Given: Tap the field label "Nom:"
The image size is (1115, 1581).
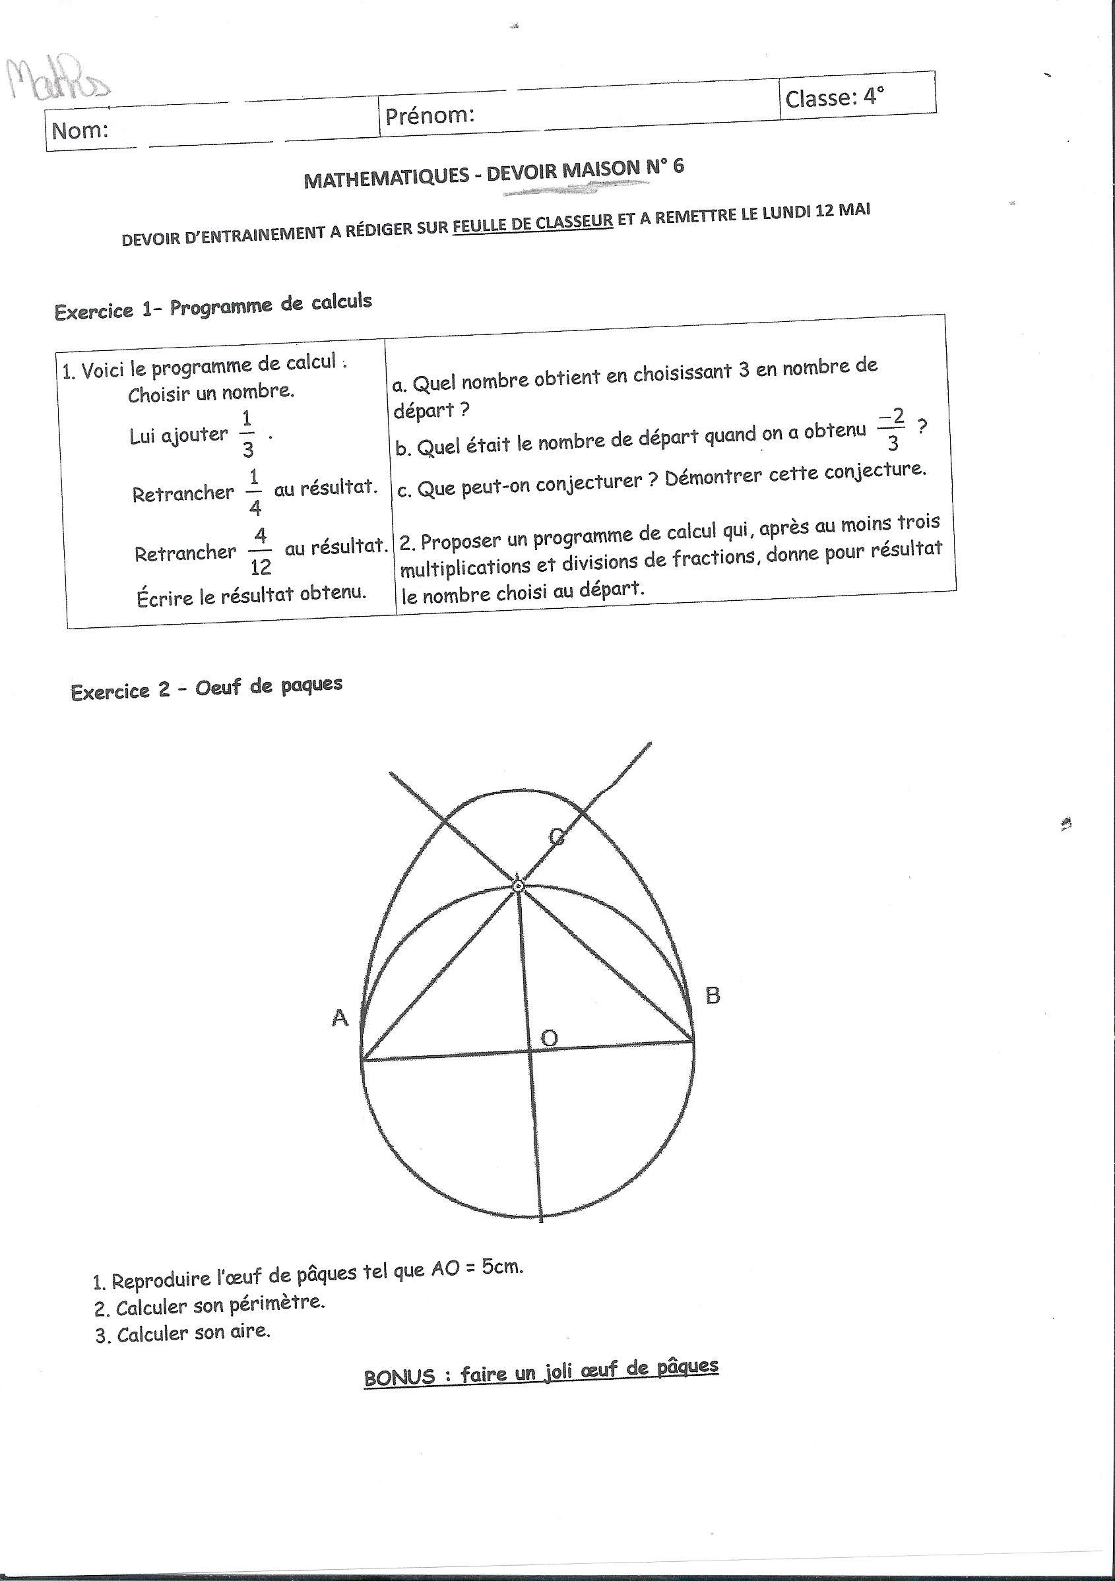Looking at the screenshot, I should coord(80,130).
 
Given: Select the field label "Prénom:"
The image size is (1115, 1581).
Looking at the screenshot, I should coord(430,115).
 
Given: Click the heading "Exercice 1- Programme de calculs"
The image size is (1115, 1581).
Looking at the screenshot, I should coord(213,307).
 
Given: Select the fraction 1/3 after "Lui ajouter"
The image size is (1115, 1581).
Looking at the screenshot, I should coord(247,434).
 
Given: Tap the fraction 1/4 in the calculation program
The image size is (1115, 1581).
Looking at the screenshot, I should coord(254,492).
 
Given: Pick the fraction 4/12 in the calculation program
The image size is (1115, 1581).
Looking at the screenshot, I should coord(261,551).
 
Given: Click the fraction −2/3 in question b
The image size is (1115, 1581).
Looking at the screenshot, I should coord(892,429).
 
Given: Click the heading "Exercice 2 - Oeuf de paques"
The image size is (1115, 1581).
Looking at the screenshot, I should coord(206,688).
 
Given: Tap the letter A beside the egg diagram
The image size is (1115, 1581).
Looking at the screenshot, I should coord(340,1017).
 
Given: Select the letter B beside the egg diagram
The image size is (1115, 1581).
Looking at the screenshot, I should coord(712,995).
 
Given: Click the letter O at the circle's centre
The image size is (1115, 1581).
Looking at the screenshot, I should coord(548,1037).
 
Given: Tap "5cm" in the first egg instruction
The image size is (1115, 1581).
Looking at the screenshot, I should coord(502,1268).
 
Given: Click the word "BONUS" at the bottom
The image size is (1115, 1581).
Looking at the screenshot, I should coord(399,1378).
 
